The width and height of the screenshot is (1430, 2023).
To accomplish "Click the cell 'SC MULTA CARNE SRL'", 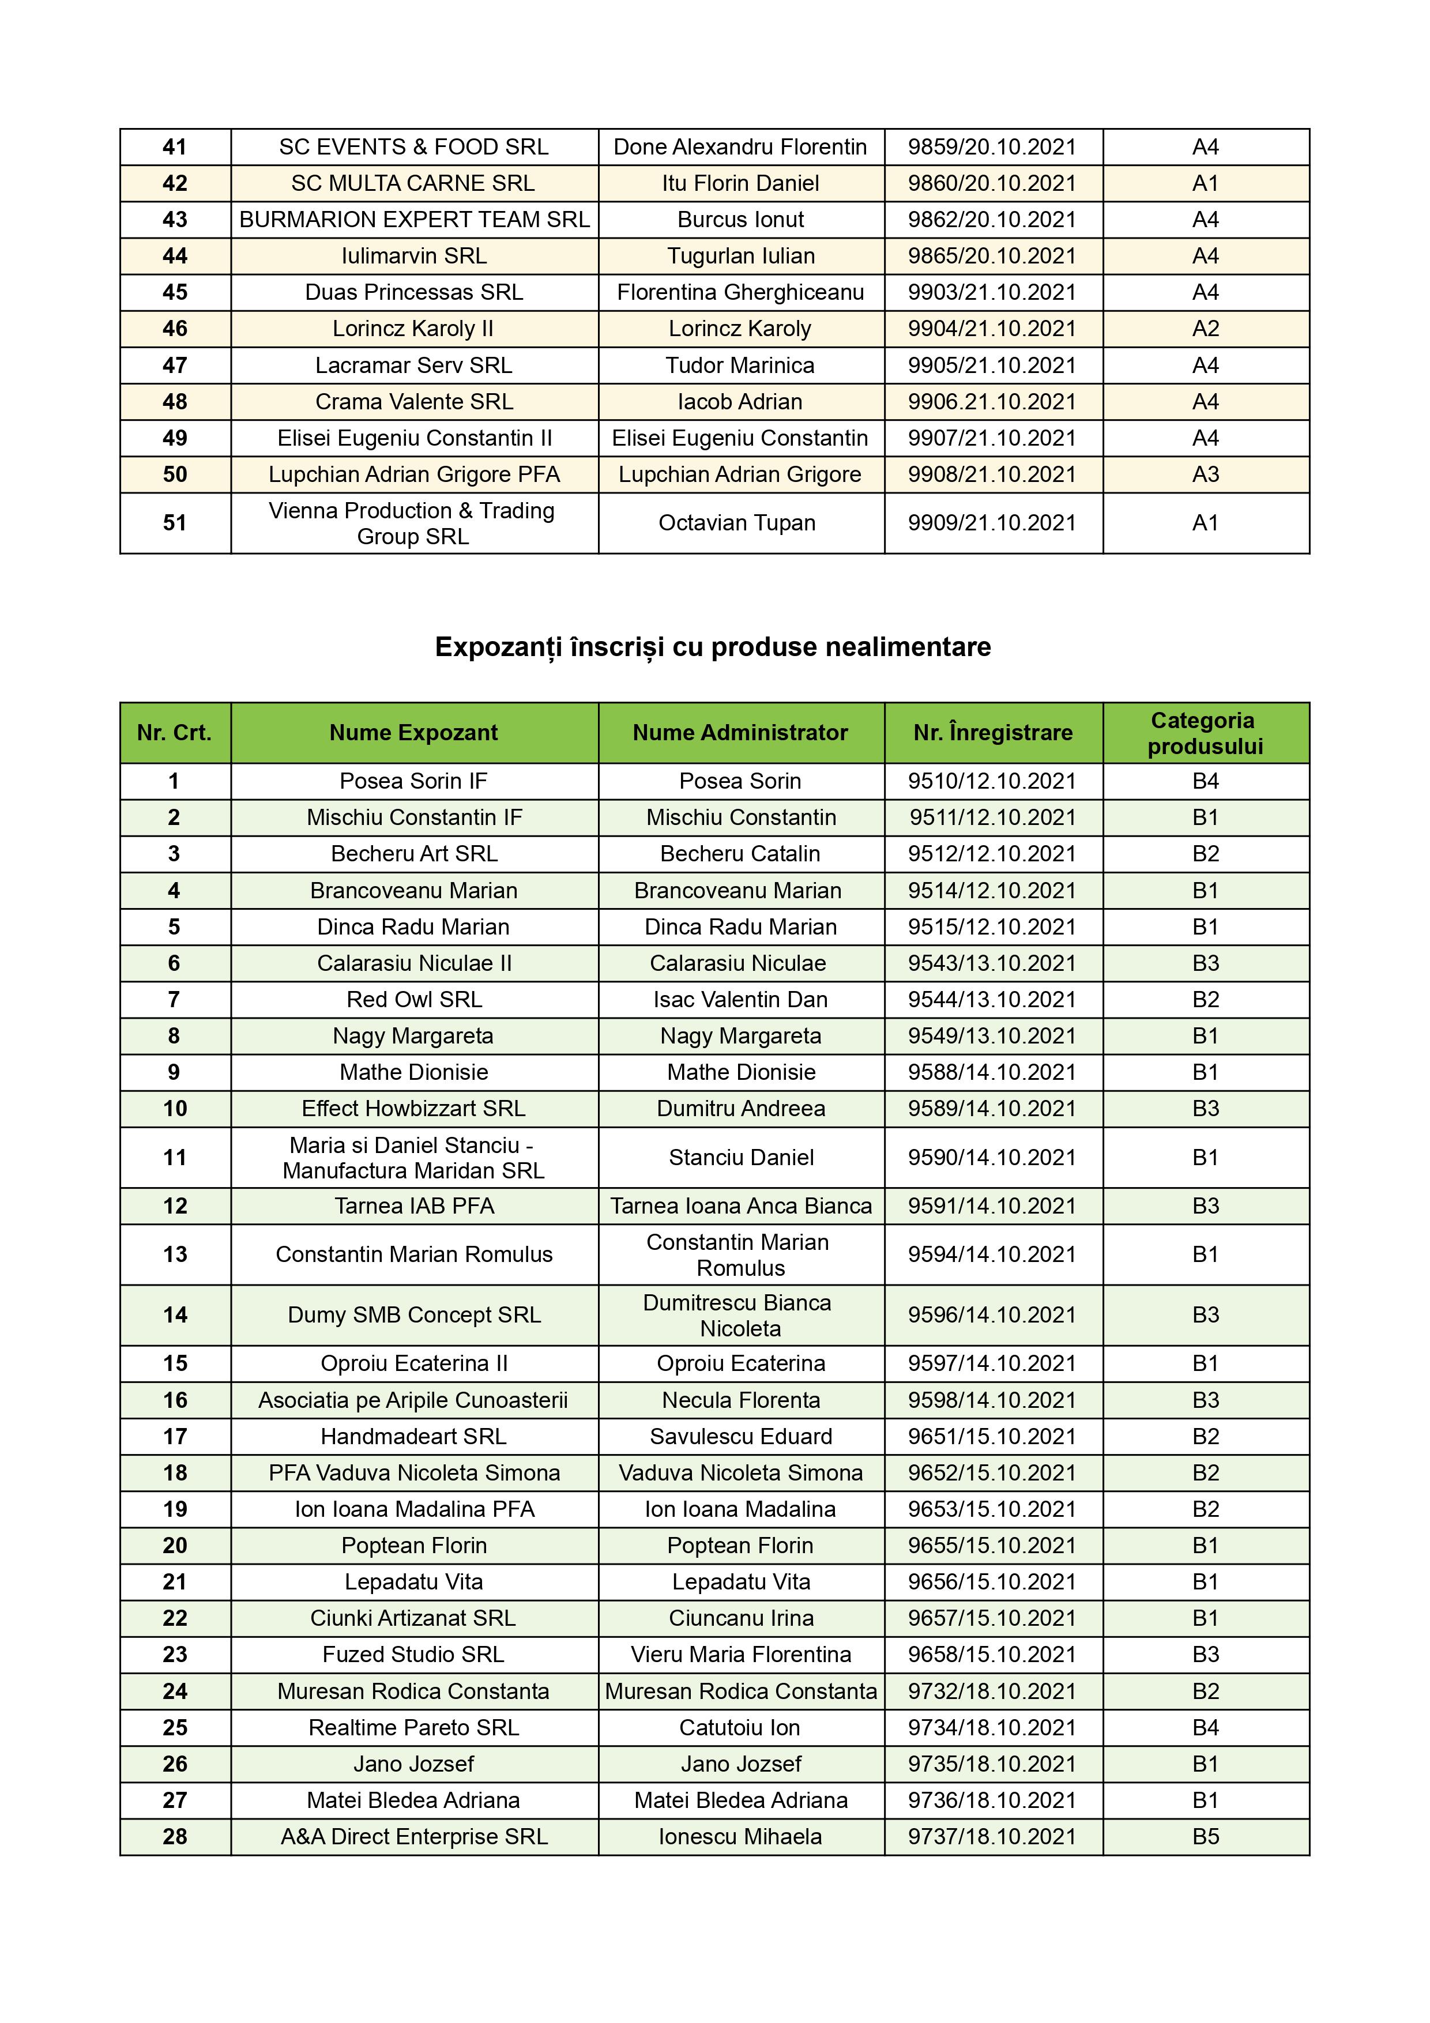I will (x=413, y=183).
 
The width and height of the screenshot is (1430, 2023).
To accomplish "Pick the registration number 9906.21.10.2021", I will (x=992, y=402).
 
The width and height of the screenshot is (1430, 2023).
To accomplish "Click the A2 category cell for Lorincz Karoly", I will (x=1205, y=329).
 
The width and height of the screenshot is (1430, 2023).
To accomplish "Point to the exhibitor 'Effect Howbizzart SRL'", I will (x=413, y=1109).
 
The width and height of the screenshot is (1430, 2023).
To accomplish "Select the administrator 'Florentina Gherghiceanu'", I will (x=740, y=292).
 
